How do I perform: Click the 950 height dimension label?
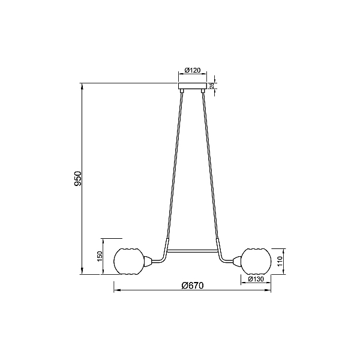78,178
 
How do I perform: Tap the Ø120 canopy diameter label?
193,70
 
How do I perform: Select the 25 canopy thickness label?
212,85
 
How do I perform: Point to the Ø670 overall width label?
193,286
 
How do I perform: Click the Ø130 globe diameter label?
256,279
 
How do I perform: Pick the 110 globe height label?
280,261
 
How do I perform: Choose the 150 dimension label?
100,256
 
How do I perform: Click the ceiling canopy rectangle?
193,86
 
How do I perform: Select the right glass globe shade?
256,261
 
